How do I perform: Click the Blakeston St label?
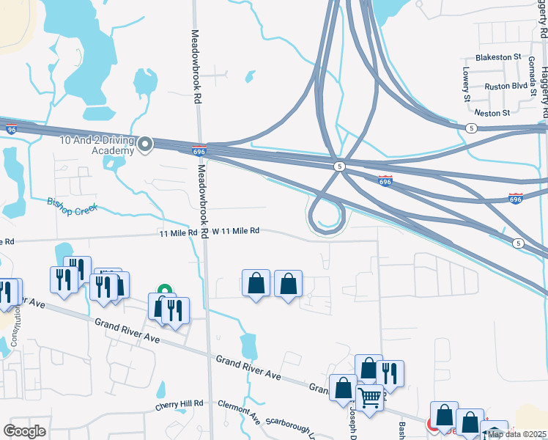pos(497,56)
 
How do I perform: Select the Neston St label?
pos(492,113)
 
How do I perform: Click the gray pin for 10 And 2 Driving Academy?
pos(145,144)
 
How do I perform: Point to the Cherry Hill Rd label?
pos(179,405)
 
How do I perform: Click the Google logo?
pos(24,431)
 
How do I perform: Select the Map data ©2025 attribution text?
pos(517,434)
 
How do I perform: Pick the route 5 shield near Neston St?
pos(470,127)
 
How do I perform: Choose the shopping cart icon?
pos(371,399)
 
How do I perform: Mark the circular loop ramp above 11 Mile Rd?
pos(327,217)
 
